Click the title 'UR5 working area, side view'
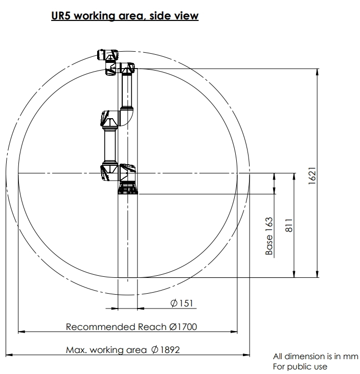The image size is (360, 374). [125, 16]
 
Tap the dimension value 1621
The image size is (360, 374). [312, 176]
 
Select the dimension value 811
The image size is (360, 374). [289, 225]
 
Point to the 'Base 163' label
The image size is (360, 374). [269, 236]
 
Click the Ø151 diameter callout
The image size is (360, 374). [182, 303]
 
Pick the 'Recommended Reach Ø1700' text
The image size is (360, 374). [131, 327]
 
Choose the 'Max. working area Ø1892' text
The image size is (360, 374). [123, 350]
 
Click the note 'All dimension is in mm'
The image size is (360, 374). [316, 357]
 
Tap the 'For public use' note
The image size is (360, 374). [300, 366]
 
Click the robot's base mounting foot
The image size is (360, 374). [128, 188]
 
